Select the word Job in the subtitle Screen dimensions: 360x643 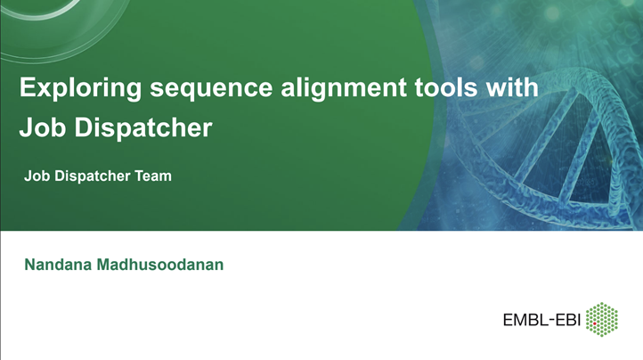click(37, 176)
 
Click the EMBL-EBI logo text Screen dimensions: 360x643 click(541, 320)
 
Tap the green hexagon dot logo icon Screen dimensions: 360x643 click(605, 319)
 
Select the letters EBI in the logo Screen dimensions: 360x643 click(567, 320)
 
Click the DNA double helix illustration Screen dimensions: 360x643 click(552, 125)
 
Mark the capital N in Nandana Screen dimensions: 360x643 click(30, 265)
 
